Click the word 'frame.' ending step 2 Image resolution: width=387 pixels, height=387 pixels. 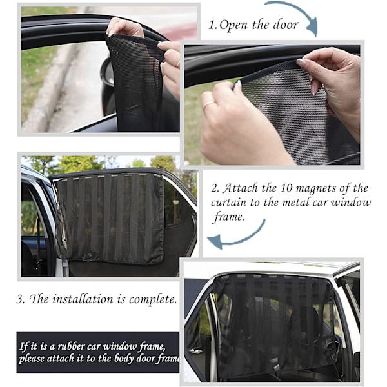tap(229, 217)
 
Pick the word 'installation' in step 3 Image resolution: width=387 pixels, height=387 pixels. tap(83, 299)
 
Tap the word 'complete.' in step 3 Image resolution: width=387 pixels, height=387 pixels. tap(153, 300)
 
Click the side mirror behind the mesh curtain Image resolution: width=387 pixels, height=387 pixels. tap(106, 72)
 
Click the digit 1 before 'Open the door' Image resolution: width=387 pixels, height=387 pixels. tap(212, 26)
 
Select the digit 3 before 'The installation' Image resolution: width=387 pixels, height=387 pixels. tap(20, 300)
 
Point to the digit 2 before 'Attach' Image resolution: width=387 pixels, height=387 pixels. tap(215, 188)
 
